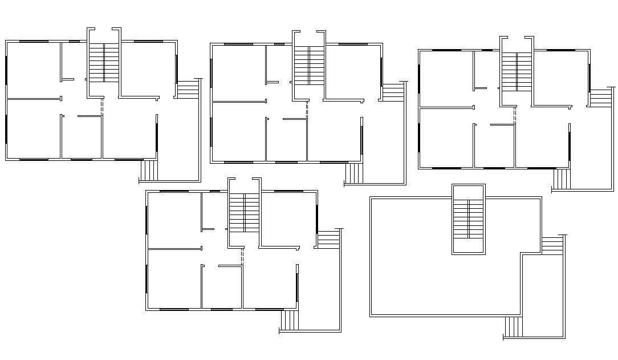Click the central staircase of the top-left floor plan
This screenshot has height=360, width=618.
point(104,62)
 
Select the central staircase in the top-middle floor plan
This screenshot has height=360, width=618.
point(309,66)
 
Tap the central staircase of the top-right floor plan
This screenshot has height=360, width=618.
point(517,71)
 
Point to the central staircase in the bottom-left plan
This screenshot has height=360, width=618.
point(245,212)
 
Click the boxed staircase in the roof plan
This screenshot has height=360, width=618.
point(469,219)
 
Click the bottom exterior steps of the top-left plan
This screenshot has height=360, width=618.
point(149,170)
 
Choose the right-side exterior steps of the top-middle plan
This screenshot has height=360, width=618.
point(392,93)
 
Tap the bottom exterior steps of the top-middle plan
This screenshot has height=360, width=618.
point(353,173)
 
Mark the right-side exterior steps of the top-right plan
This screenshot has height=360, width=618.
point(600,98)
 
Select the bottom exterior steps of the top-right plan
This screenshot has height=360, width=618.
point(561,179)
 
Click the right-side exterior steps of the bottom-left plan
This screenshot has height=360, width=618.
point(328,240)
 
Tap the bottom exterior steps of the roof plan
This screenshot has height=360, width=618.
point(513,327)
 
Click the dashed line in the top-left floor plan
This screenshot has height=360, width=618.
point(102,107)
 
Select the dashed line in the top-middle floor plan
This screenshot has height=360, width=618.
point(307,110)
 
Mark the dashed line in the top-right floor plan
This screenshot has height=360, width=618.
point(515,115)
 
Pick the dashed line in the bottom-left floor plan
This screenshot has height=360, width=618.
point(242,256)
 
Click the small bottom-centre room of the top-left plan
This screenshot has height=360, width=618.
point(81,137)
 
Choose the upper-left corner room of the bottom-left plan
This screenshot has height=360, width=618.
point(174,219)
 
